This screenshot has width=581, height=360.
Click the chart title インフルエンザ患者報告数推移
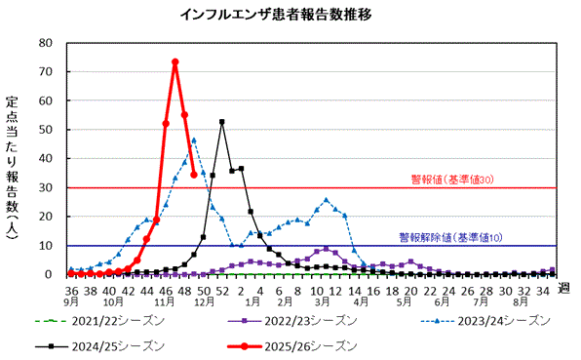(x=290, y=15)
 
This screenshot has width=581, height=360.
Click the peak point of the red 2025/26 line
(x=175, y=62)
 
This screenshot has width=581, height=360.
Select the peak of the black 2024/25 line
(x=222, y=122)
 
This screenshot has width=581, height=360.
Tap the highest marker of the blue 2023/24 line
(x=194, y=140)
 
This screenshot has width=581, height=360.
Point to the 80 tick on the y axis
(x=46, y=43)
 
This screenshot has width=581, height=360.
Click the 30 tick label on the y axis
(x=46, y=187)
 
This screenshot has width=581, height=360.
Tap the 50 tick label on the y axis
(x=46, y=130)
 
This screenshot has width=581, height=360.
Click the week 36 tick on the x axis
(x=72, y=291)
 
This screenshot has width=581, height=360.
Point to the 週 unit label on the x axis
(x=566, y=291)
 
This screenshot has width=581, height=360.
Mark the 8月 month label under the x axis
(x=522, y=302)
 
